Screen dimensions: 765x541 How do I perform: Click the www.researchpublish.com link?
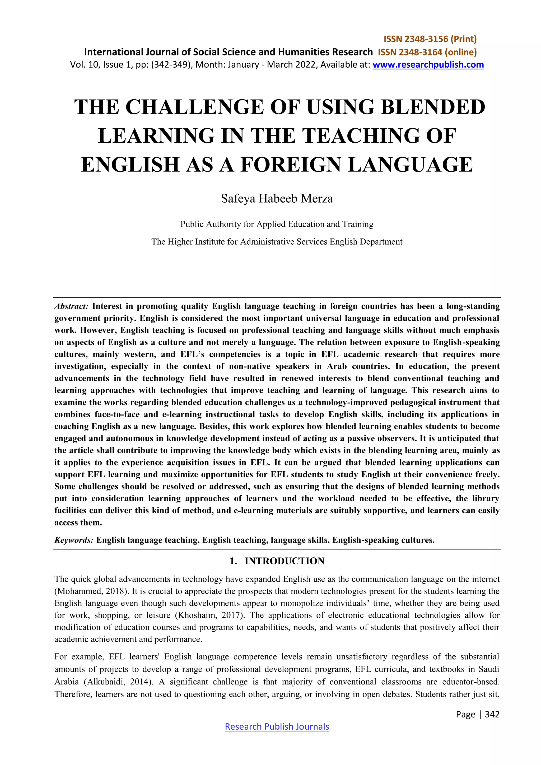pyautogui.click(x=428, y=65)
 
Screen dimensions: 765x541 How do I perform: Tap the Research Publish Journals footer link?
pyautogui.click(x=277, y=726)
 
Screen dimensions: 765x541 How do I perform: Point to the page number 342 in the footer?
pyautogui.click(x=492, y=714)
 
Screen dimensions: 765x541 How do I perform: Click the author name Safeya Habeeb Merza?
pyautogui.click(x=277, y=199)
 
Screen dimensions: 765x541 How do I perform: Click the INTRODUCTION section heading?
pyautogui.click(x=284, y=561)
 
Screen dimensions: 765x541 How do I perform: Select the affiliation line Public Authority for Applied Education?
pyautogui.click(x=277, y=224)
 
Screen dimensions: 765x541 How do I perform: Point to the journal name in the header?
pyautogui.click(x=228, y=52)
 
